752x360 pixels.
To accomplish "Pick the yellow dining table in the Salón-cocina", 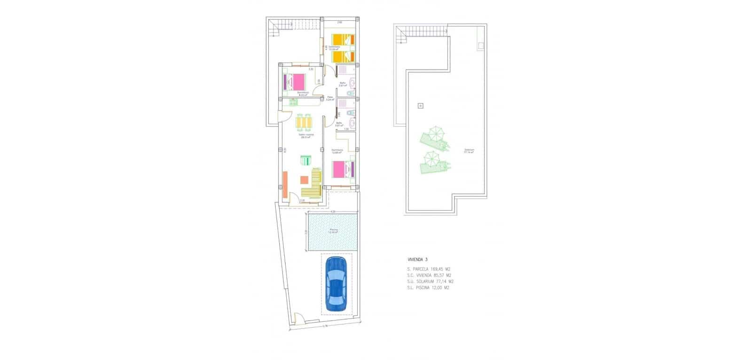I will click(x=304, y=123).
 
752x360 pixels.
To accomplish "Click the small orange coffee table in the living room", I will click(x=304, y=180).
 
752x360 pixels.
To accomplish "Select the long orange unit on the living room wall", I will click(x=285, y=184).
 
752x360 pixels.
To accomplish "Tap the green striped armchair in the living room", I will click(x=306, y=160).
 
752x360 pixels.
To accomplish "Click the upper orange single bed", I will click(x=340, y=39).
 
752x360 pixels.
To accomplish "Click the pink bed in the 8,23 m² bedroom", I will click(x=296, y=82).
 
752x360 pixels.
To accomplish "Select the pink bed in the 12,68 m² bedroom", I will click(x=341, y=169).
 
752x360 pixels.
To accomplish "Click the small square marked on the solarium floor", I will click(x=420, y=106).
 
